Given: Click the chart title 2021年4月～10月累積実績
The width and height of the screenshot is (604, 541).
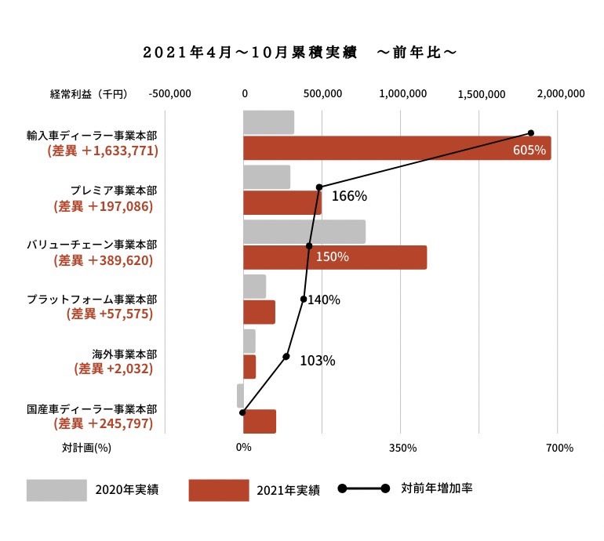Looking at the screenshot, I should coord(249,53).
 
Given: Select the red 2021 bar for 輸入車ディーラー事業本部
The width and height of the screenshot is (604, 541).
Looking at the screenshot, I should coord(396,148).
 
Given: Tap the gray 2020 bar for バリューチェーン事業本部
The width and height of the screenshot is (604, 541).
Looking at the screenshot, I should coord(304,231).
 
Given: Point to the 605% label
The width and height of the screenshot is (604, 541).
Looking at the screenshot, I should coord(529,150).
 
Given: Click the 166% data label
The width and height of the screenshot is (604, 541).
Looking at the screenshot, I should coord(349,196).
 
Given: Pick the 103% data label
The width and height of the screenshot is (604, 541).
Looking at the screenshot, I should coord(318,361).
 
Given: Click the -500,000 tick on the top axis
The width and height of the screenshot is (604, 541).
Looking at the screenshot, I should coord(169,93).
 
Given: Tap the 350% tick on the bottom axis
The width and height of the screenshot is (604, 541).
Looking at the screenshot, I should coord(402,448).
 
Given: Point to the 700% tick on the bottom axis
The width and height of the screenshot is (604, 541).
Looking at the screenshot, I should coord(559,448).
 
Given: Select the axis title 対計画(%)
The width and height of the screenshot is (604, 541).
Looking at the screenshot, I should coord(86,448).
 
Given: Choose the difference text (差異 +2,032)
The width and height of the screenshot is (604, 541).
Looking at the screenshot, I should coord(113,368).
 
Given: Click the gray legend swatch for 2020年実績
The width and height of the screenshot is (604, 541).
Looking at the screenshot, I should coord(56,490).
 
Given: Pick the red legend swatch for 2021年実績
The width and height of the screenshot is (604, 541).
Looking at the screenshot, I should coord(218,490).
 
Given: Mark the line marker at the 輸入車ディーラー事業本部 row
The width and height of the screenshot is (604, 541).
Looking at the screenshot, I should coord(531,133).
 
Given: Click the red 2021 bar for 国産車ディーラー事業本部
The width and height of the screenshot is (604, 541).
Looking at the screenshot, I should coord(260,421).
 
